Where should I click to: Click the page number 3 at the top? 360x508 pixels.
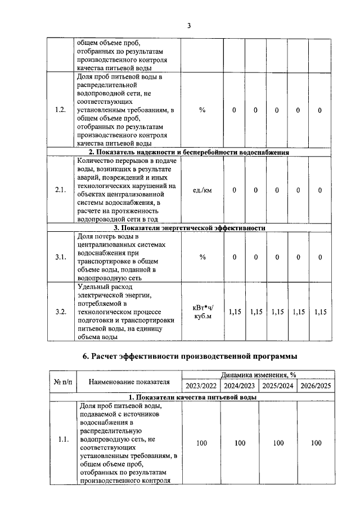pyautogui.click(x=189, y=26)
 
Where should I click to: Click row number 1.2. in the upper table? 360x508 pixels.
pyautogui.click(x=61, y=110)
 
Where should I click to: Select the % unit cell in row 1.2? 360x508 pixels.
pyautogui.click(x=202, y=110)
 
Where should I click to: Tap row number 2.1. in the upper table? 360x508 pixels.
pyautogui.click(x=61, y=190)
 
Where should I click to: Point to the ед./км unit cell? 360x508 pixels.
pyautogui.click(x=202, y=190)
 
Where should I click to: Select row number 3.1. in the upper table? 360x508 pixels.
pyautogui.click(x=61, y=257)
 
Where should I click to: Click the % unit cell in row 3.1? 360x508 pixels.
pyautogui.click(x=202, y=257)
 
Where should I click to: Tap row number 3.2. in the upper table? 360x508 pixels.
pyautogui.click(x=61, y=312)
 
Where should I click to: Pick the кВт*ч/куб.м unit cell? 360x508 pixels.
pyautogui.click(x=202, y=312)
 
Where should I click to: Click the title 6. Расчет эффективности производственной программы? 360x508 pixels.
pyautogui.click(x=190, y=356)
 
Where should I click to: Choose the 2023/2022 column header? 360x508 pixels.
pyautogui.click(x=201, y=386)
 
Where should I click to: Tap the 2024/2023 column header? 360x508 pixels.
pyautogui.click(x=240, y=386)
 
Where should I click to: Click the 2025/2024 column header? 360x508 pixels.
pyautogui.click(x=278, y=386)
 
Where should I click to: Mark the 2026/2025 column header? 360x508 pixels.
pyautogui.click(x=316, y=386)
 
